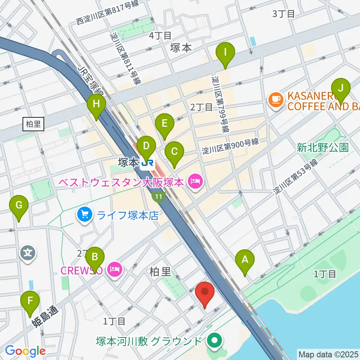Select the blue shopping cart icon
point(85,214)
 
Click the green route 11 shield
point(159,196)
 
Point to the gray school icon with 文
point(28,252)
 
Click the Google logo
point(25,351)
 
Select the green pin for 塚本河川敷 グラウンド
point(215,341)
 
